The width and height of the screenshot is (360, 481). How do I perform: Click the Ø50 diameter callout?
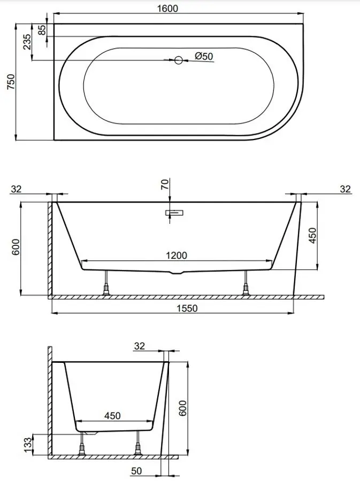pyautogui.click(x=204, y=56)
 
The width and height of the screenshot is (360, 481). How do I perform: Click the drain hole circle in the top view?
pyautogui.click(x=179, y=60)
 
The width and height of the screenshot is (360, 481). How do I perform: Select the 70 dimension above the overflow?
pyautogui.click(x=165, y=185)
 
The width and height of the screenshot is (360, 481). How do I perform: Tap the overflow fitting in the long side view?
pyautogui.click(x=175, y=213)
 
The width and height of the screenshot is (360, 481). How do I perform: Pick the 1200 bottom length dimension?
pyautogui.click(x=177, y=255)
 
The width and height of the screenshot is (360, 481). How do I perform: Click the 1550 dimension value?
pyautogui.click(x=187, y=308)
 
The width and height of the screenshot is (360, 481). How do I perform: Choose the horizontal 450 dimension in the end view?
pyautogui.click(x=112, y=415)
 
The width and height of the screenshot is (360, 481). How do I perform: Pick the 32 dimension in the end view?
pyautogui.click(x=140, y=346)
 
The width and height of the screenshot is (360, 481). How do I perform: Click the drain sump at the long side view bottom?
pyautogui.click(x=177, y=273)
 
